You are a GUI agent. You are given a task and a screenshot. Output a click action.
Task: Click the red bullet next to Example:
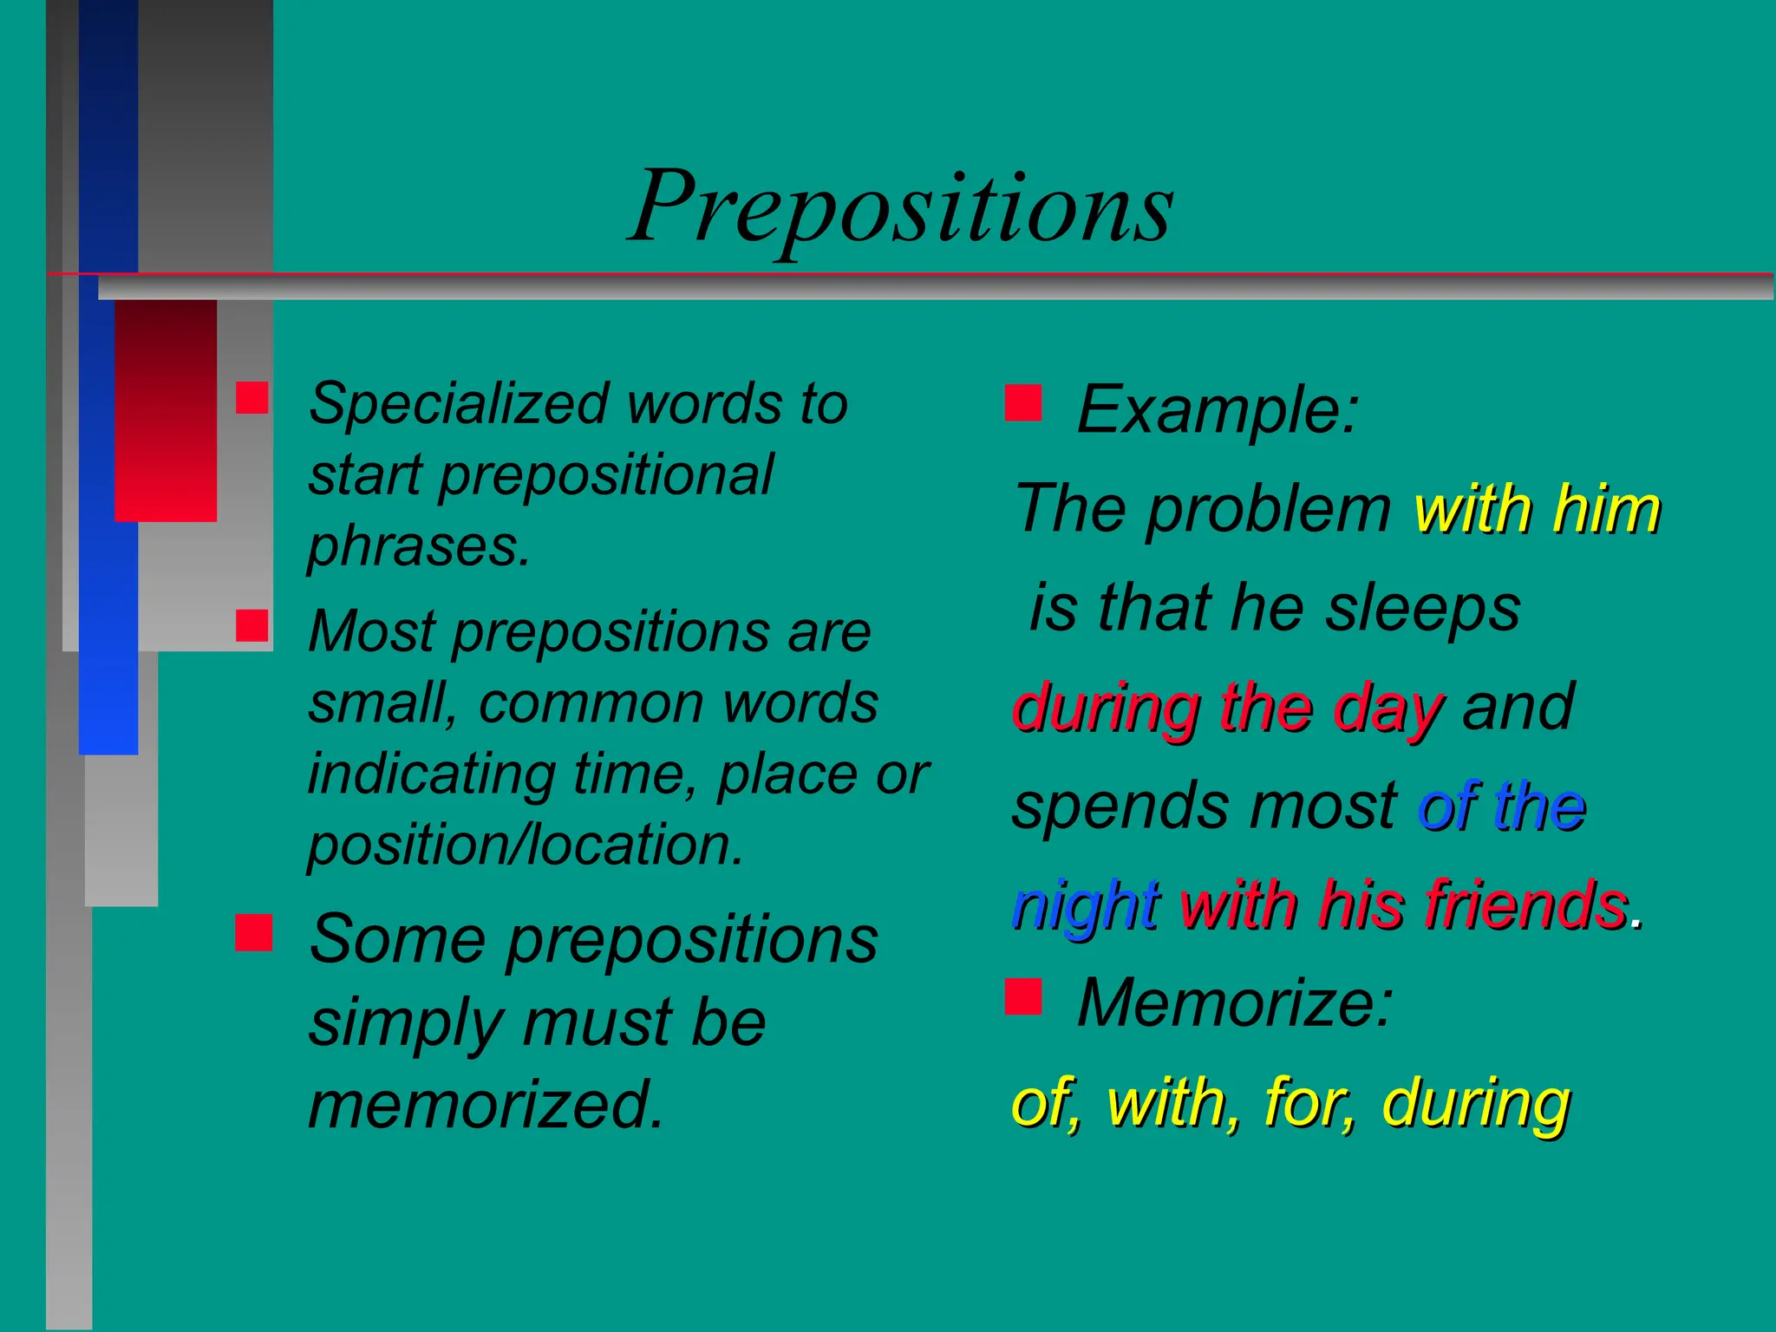point(1023,403)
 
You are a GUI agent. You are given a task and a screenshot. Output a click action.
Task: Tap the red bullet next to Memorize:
point(1023,996)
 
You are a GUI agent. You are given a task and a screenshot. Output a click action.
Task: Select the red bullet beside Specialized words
point(252,397)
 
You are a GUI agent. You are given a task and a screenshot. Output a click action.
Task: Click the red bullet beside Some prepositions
point(253,932)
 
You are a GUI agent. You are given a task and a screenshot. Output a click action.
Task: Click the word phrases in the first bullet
point(418,546)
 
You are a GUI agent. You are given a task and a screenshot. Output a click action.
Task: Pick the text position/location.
point(526,845)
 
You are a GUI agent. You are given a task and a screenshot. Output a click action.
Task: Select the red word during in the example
point(1106,708)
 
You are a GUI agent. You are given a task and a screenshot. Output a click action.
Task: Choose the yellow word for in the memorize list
point(1309,1102)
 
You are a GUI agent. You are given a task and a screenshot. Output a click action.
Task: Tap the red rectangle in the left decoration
point(166,410)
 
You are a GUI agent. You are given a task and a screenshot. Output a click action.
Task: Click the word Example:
point(1218,409)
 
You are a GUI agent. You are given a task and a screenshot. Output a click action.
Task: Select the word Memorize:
point(1234,1003)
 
